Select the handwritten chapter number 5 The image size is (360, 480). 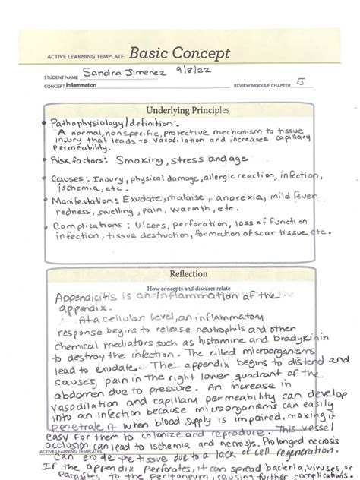pyautogui.click(x=301, y=84)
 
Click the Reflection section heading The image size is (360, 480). pyautogui.click(x=182, y=274)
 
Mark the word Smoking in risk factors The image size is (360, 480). pyautogui.click(x=139, y=160)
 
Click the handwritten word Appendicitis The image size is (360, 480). pyautogui.click(x=83, y=298)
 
